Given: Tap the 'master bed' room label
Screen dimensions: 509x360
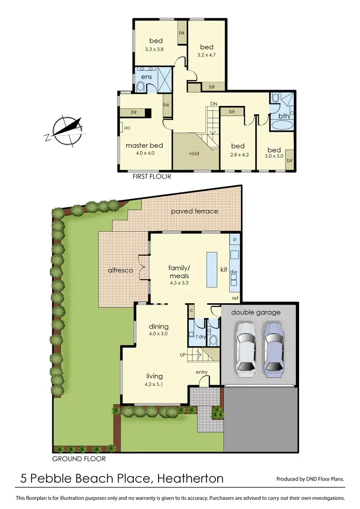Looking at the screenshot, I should coord(144,145).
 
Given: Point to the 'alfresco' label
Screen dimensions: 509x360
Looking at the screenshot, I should coord(120,271).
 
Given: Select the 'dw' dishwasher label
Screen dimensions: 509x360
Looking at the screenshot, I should coord(234,272).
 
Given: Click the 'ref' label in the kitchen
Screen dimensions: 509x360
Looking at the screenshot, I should coord(235,298).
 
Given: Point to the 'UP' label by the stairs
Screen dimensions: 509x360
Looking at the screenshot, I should coord(182,355).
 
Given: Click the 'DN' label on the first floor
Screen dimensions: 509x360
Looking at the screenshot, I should coord(213,104).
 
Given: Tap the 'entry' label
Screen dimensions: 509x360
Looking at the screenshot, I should coord(202,372).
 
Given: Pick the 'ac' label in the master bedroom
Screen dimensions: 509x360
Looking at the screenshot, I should coord(127,128).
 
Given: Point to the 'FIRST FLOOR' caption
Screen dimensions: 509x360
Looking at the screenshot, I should coord(152,177).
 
